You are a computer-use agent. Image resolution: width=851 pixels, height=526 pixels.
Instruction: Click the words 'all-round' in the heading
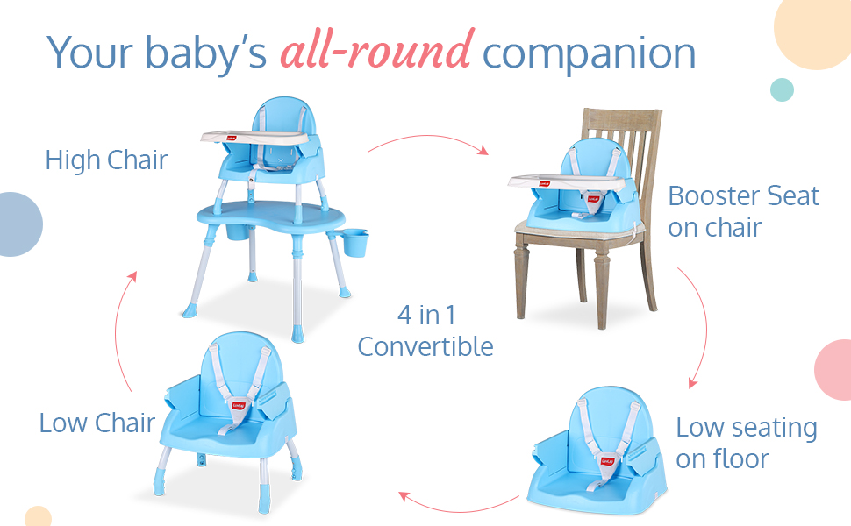click(377, 50)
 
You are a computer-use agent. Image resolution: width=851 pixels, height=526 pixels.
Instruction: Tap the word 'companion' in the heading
click(589, 54)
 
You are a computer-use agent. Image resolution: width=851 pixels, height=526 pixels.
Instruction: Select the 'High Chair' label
click(106, 160)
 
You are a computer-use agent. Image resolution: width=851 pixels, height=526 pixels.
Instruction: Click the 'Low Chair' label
click(97, 423)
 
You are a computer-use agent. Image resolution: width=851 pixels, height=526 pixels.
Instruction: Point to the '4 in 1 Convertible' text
click(425, 331)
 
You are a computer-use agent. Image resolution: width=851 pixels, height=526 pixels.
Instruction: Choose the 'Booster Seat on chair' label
click(744, 211)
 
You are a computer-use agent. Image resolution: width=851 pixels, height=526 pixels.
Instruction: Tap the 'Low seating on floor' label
click(747, 443)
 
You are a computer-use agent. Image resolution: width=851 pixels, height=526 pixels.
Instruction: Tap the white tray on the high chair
click(255, 138)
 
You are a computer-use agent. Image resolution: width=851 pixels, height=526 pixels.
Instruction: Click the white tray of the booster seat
click(566, 182)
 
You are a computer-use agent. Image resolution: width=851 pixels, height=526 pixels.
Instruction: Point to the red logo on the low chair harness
click(239, 405)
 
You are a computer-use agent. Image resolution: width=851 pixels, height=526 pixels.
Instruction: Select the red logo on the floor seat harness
click(607, 461)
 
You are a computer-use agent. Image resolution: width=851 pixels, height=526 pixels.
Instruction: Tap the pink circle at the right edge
click(833, 370)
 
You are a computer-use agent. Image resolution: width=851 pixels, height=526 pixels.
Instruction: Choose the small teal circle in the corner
click(782, 89)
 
